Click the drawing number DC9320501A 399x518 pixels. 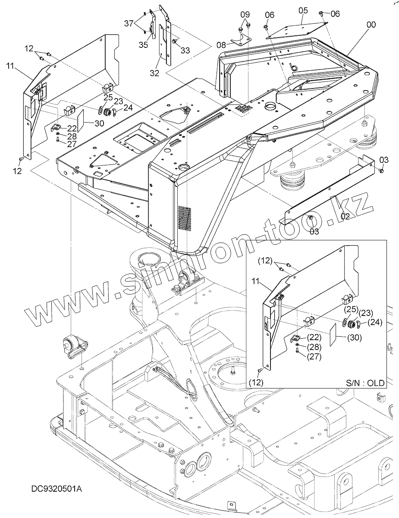pyautogui.click(x=57, y=489)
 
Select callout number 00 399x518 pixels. pyautogui.click(x=371, y=25)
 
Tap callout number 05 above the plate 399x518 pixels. pyautogui.click(x=303, y=10)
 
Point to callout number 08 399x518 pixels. pyautogui.click(x=221, y=44)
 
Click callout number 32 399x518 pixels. pyautogui.click(x=155, y=73)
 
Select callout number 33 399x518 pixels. pyautogui.click(x=185, y=50)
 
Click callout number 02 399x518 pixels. pyautogui.click(x=345, y=216)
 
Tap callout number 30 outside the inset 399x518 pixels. pyautogui.click(x=99, y=123)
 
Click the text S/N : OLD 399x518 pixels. pyautogui.click(x=364, y=382)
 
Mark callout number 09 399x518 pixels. pyautogui.click(x=245, y=14)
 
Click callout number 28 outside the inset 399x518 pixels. pyautogui.click(x=72, y=136)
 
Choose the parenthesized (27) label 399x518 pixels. pyautogui.click(x=314, y=356)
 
